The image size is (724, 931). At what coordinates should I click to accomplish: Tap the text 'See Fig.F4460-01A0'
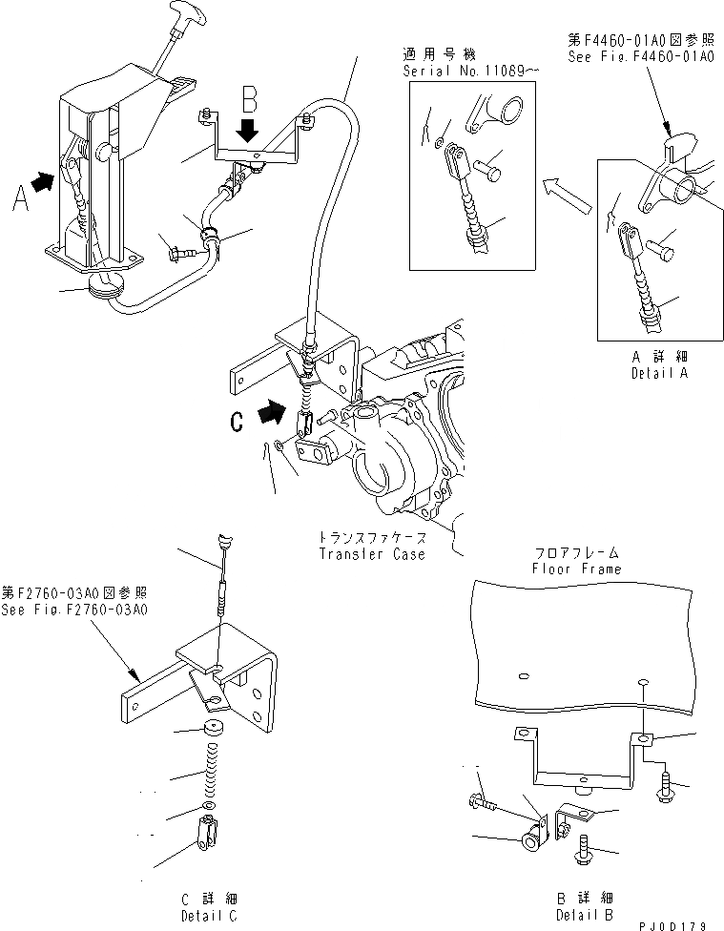click(x=628, y=56)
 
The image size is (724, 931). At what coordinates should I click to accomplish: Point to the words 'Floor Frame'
click(x=577, y=569)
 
